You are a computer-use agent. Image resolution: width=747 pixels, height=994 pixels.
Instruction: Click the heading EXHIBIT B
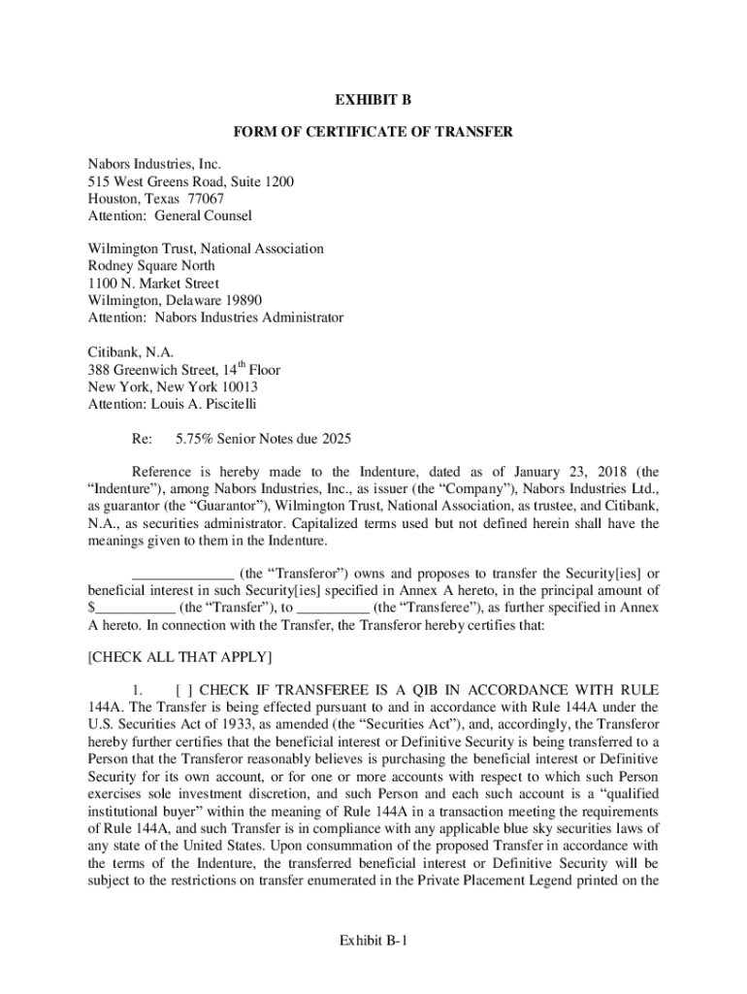click(x=373, y=100)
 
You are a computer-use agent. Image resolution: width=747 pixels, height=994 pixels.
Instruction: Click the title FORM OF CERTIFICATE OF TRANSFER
click(x=373, y=132)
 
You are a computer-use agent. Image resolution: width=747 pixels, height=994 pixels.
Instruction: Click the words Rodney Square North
click(x=151, y=266)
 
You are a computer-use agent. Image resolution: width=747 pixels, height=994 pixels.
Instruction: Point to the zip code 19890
click(x=243, y=301)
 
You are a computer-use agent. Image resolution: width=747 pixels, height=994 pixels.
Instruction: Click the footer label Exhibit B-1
click(x=373, y=941)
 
